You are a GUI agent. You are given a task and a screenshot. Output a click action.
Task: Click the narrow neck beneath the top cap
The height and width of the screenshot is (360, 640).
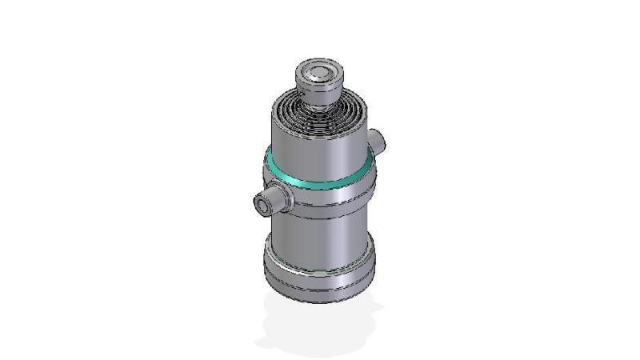(x=320, y=100)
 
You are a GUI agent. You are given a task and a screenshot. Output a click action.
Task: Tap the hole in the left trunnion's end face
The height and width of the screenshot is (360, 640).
(x=262, y=206)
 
